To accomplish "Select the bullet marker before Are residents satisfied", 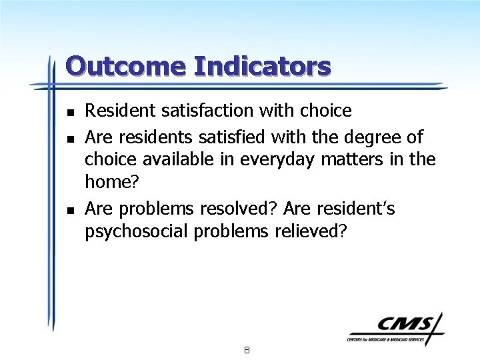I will click(70, 138).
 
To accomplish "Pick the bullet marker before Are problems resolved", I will click(70, 210).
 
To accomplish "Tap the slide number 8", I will click(247, 349).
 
